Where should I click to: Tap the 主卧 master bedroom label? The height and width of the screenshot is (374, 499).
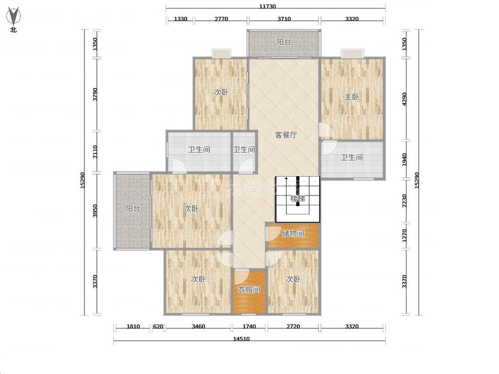click(352, 96)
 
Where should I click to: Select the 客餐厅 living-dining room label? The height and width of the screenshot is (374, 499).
click(286, 135)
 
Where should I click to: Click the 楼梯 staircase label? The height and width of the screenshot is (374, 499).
click(298, 199)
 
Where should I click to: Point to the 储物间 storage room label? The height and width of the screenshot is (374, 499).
click(293, 234)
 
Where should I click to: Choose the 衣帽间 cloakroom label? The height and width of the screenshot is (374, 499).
click(249, 289)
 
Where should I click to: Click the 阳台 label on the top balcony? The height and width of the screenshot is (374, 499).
click(283, 42)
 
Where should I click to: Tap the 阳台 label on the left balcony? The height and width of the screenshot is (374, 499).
click(133, 209)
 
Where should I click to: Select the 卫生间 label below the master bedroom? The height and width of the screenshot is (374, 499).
click(351, 157)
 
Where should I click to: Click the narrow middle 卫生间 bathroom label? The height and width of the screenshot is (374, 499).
click(244, 149)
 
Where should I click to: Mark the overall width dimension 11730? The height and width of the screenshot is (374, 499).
click(267, 6)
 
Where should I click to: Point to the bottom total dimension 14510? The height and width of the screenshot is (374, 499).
click(241, 339)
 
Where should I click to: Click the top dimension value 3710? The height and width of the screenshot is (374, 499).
click(284, 19)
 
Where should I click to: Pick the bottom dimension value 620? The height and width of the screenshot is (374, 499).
click(158, 326)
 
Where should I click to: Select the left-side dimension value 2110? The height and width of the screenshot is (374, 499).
click(95, 152)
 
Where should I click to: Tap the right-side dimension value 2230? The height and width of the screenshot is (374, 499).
click(404, 201)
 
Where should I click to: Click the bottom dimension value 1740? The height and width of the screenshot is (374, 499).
click(249, 326)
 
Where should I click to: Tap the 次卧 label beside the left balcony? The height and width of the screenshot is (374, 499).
click(191, 208)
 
